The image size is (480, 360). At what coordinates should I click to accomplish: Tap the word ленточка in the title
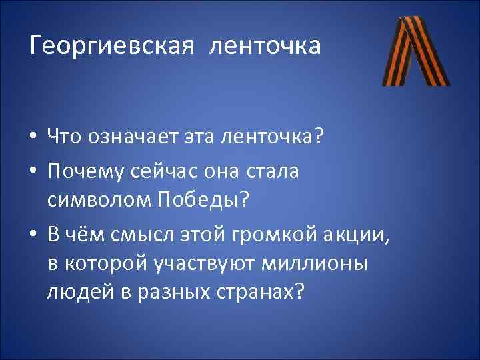click(265, 47)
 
